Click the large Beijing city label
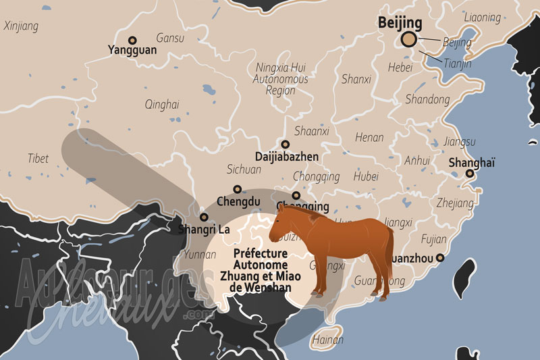(x=400, y=23)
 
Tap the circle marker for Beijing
(x=408, y=40)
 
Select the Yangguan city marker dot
(x=132, y=40)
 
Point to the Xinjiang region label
(x=21, y=26)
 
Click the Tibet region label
(x=38, y=159)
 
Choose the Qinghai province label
(x=162, y=104)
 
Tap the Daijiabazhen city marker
(x=286, y=144)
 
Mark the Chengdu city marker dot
(x=237, y=190)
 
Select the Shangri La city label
(x=204, y=230)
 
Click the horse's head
(x=282, y=223)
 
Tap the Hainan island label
(x=329, y=341)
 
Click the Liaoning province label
(x=483, y=17)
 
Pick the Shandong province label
(x=427, y=99)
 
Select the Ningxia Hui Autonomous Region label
(x=281, y=78)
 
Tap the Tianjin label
(x=458, y=64)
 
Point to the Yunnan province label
(x=200, y=255)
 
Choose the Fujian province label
(x=433, y=238)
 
